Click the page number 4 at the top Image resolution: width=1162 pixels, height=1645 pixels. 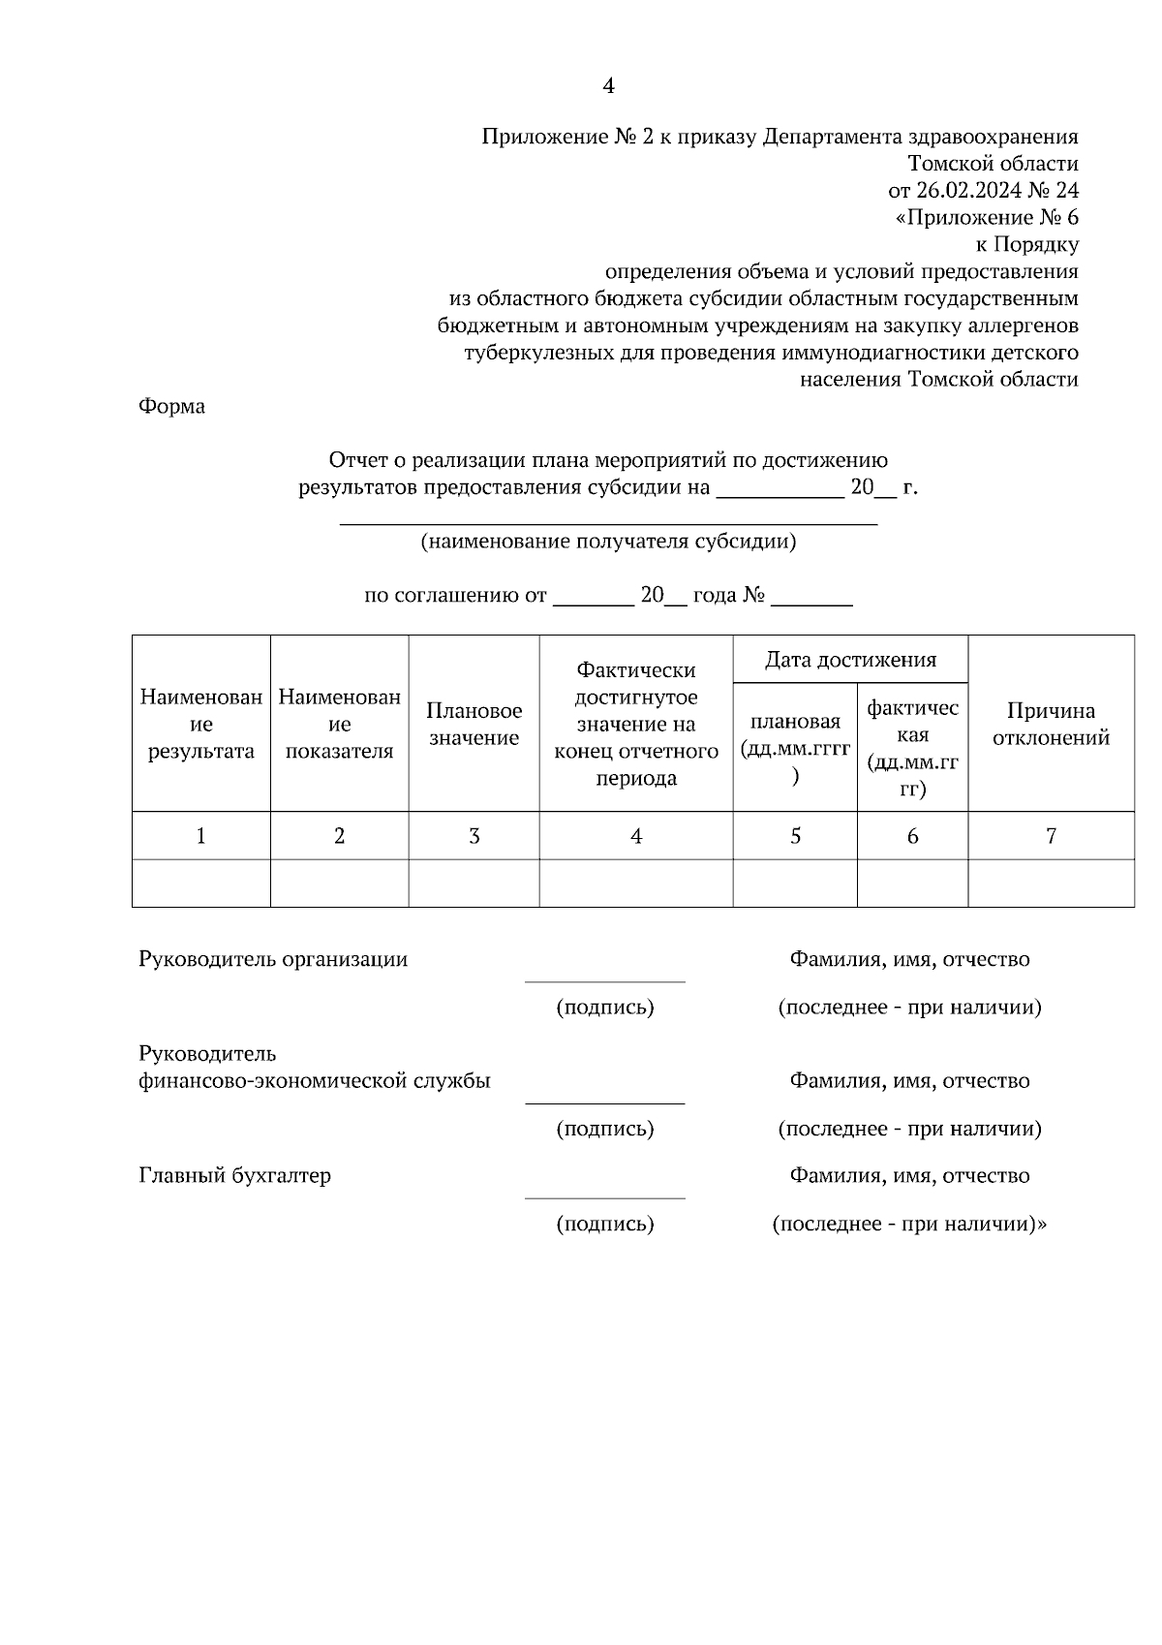point(608,86)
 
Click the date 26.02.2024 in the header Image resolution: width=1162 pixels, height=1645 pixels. point(969,190)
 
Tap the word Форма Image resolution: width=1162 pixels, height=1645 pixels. point(171,406)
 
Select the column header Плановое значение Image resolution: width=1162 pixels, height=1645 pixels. point(474,724)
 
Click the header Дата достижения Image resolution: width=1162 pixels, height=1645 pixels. point(850,660)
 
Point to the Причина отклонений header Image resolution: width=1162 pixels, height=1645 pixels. point(1051,724)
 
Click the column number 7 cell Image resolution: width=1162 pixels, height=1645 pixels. point(1051,835)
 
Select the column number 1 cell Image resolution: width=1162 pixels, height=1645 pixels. point(200,835)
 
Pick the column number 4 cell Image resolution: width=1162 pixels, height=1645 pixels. point(635,835)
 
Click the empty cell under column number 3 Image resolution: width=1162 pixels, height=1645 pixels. point(474,883)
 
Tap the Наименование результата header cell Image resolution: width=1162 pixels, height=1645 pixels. point(200,724)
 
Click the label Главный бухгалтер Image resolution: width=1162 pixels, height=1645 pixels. point(235,1175)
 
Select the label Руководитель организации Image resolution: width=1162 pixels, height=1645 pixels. point(273,959)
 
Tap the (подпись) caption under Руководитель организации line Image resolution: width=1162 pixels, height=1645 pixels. point(604,1008)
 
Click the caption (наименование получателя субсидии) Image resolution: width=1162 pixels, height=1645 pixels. point(608,542)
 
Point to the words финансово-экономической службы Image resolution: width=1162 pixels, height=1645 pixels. point(315,1080)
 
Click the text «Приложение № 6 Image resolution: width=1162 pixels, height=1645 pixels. point(987,217)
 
